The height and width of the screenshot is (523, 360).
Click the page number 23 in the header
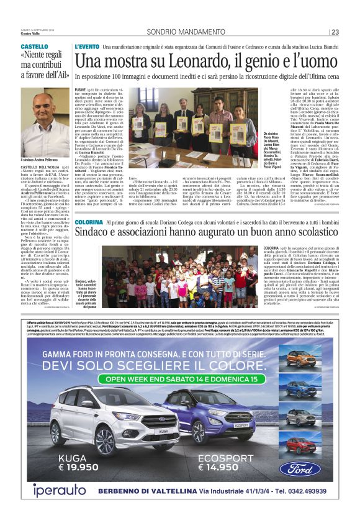[336, 32]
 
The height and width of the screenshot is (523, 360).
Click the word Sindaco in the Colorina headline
[96, 234]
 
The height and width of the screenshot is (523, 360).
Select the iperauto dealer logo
[53, 490]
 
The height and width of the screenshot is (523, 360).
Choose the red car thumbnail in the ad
[308, 447]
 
